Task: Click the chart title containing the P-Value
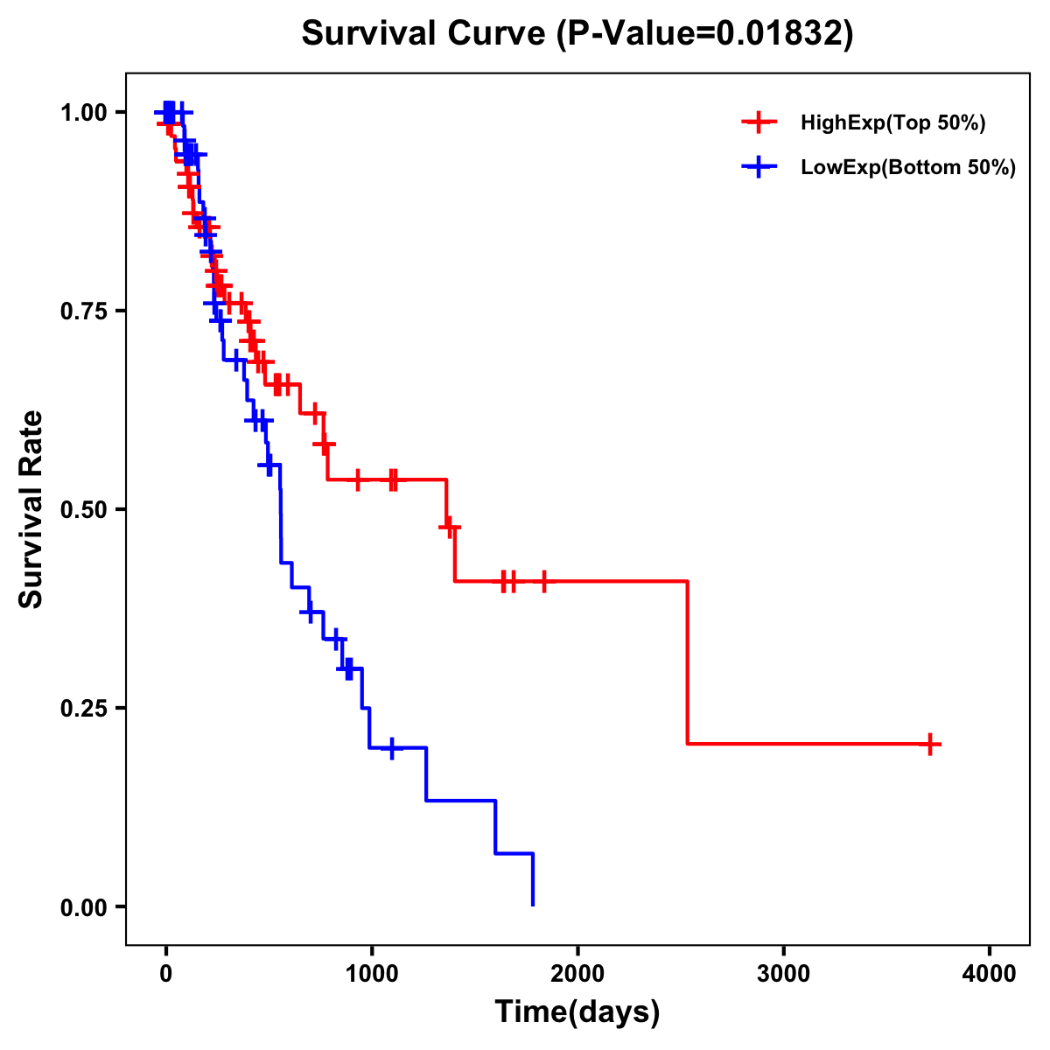[577, 33]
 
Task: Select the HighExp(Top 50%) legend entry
[892, 123]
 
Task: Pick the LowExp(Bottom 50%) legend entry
[907, 168]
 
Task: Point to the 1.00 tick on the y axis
[84, 113]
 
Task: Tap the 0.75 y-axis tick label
[84, 311]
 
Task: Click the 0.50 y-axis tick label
[84, 510]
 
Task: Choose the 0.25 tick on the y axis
[84, 709]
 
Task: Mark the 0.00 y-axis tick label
[84, 907]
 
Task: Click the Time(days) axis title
[577, 1012]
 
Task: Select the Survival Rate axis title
[31, 509]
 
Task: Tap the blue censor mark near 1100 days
[391, 748]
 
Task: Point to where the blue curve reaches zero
[532, 905]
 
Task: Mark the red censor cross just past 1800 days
[543, 581]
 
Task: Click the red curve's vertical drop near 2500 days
[688, 662]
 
